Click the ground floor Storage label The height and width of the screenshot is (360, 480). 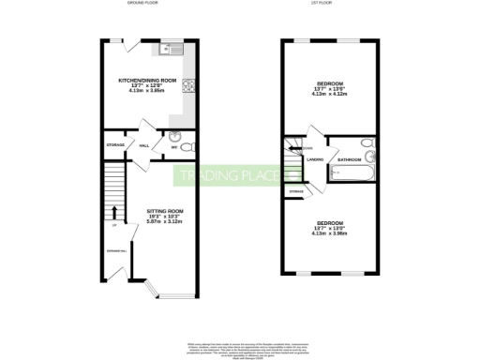point(115,145)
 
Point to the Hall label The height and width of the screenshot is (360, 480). point(144,145)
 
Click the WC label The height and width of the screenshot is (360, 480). point(174,147)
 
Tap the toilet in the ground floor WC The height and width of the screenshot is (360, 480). point(186,148)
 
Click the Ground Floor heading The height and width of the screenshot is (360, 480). point(143,4)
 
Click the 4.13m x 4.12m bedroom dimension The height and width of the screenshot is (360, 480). point(330,94)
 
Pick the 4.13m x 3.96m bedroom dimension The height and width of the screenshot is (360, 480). point(330,233)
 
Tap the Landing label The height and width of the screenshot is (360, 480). point(315,160)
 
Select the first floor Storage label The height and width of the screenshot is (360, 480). point(295,191)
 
